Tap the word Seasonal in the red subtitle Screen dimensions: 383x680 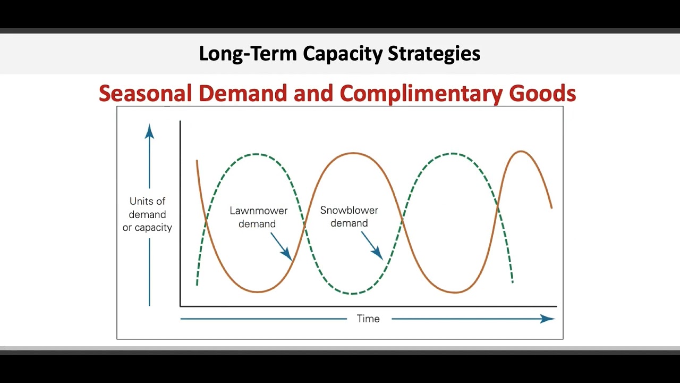pyautogui.click(x=145, y=94)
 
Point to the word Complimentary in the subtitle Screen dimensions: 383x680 pyautogui.click(x=421, y=94)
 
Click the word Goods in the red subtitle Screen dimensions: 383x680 pyautogui.click(x=542, y=94)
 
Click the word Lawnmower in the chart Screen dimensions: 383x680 pyautogui.click(x=258, y=211)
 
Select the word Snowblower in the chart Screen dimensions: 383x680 pyautogui.click(x=349, y=210)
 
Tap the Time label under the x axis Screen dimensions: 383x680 pyautogui.click(x=368, y=319)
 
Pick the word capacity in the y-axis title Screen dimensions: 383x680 pyautogui.click(x=152, y=228)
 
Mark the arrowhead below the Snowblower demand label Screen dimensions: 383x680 pyautogui.click(x=378, y=254)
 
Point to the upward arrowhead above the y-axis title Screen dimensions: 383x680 pyautogui.click(x=149, y=131)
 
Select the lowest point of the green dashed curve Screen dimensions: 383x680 pyautogui.click(x=353, y=293)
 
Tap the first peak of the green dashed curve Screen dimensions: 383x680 pyautogui.click(x=257, y=154)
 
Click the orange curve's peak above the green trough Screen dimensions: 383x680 pyautogui.click(x=353, y=153)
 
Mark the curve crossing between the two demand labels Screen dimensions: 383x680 pyautogui.click(x=304, y=226)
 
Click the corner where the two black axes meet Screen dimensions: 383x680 pyautogui.click(x=181, y=306)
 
